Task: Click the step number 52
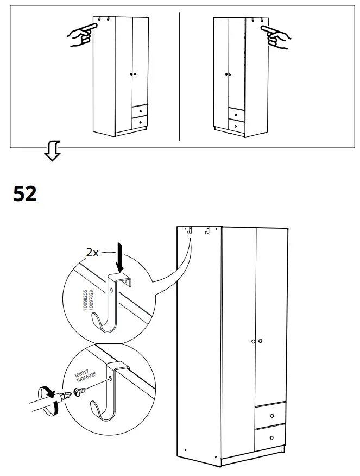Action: coord(25,193)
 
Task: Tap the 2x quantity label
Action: coord(93,253)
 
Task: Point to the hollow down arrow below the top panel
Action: coord(53,152)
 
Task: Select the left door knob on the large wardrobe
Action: coord(253,341)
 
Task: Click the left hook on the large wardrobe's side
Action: coord(191,231)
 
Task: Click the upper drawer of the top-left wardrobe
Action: coord(140,111)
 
